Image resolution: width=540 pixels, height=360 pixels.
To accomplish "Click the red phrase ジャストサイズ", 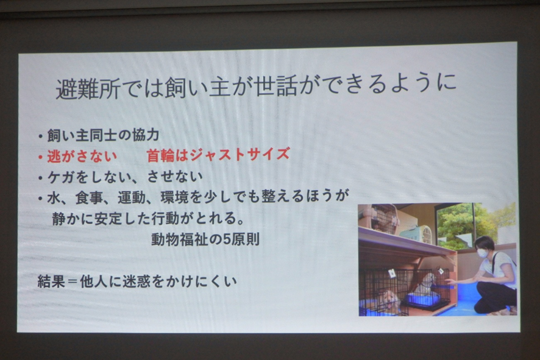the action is pyautogui.click(x=240, y=154).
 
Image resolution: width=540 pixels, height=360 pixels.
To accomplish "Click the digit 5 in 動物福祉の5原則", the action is pyautogui.click(x=227, y=239).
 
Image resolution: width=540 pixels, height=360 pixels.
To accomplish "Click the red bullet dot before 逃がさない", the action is pyautogui.click(x=40, y=157).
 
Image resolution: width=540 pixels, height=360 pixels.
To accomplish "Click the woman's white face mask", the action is pyautogui.click(x=483, y=253).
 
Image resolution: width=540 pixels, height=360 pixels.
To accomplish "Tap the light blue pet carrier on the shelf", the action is pyautogui.click(x=416, y=234).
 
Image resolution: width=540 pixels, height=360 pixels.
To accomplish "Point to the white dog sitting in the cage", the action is pyautogui.click(x=425, y=284).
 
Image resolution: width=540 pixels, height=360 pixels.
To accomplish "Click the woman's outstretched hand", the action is pyautogui.click(x=450, y=282).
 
